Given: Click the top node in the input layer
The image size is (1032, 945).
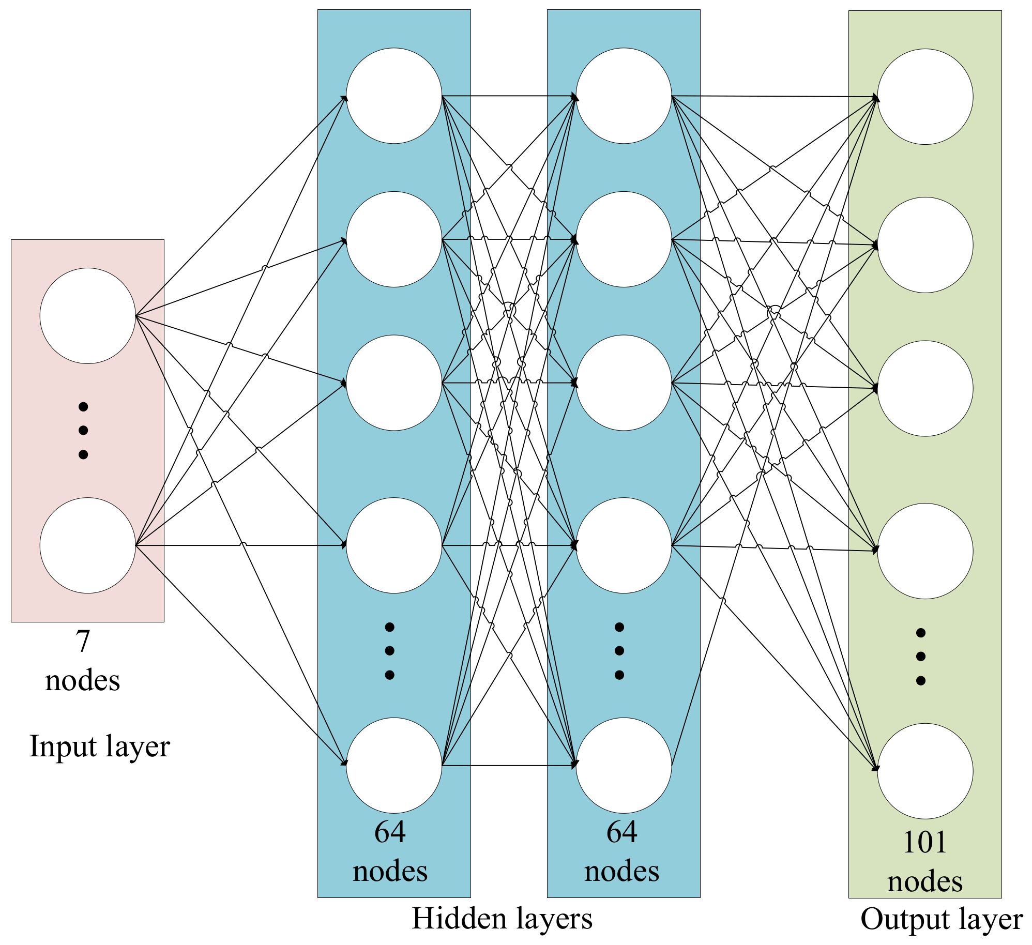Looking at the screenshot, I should [87, 315].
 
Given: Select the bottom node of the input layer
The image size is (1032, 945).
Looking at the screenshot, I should [87, 545].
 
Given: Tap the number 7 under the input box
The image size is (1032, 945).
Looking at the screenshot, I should [83, 641].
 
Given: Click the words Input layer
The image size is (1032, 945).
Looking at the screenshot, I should [100, 746].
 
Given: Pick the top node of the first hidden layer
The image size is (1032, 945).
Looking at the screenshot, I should [394, 96].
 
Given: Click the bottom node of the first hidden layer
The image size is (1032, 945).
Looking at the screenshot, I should [394, 765].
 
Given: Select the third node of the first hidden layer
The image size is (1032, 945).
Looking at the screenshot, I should [394, 383].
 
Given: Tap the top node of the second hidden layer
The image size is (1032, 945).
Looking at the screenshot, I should [624, 96].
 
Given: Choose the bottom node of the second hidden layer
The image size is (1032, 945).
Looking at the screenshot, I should [624, 765].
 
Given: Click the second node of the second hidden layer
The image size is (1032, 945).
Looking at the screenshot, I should [624, 239].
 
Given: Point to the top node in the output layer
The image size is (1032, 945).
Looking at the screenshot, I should [925, 97].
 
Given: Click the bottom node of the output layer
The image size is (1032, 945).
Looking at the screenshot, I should [925, 771].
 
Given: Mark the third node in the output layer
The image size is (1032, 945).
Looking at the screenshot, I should [925, 388].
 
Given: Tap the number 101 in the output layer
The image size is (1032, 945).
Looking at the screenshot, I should [925, 842].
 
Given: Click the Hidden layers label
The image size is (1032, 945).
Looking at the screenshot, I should [502, 919].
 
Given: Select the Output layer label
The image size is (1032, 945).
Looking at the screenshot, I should [942, 920].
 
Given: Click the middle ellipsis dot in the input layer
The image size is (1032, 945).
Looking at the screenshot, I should [83, 430].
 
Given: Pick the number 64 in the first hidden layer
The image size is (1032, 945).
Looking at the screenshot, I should [390, 832].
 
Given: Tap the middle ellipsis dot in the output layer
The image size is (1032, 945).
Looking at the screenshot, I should [920, 657].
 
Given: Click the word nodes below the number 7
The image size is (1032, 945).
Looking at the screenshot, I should [83, 680].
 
